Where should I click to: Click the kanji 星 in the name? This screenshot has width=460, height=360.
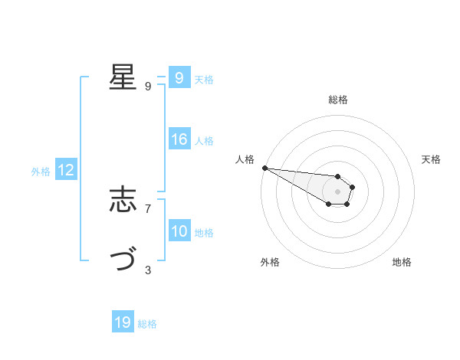(123, 77)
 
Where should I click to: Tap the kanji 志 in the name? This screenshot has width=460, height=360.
(123, 201)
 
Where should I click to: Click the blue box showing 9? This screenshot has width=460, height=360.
(179, 78)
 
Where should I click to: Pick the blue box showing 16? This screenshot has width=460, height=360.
(179, 139)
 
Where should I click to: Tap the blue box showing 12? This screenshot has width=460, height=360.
(66, 170)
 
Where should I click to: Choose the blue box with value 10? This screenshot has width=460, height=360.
(179, 231)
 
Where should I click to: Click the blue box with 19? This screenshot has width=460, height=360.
(123, 322)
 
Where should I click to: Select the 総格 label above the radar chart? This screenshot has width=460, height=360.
(338, 100)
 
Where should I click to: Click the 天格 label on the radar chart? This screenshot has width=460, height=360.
(432, 159)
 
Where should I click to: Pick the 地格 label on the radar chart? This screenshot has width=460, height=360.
(402, 262)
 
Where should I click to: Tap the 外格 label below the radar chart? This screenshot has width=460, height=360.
(270, 262)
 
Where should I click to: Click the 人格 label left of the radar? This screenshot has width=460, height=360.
(245, 159)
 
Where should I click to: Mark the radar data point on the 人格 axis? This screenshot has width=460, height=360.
(264, 168)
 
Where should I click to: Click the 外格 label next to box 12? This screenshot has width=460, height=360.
(41, 172)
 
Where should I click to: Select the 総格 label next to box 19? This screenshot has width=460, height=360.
(147, 324)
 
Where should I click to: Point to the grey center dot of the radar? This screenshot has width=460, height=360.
(337, 191)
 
